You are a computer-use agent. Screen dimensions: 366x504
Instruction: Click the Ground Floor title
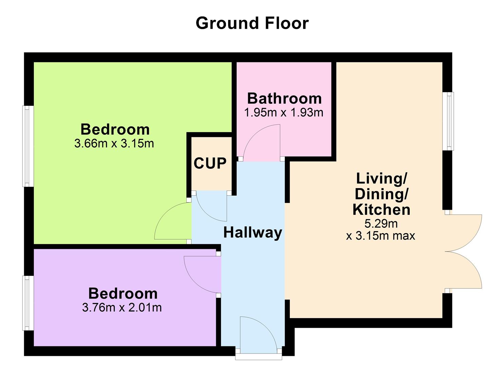pyautogui.click(x=252, y=23)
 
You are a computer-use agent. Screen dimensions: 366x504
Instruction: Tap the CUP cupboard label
pyautogui.click(x=210, y=163)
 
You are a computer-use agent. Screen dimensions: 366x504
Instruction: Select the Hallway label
pyautogui.click(x=253, y=232)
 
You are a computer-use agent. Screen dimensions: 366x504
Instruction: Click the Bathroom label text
pyautogui.click(x=284, y=98)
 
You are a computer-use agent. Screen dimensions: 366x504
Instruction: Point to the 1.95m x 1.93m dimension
pyautogui.click(x=283, y=112)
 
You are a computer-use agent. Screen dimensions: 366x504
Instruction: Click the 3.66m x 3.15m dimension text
pyautogui.click(x=114, y=143)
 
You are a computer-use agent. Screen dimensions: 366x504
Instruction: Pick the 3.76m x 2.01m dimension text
pyautogui.click(x=122, y=307)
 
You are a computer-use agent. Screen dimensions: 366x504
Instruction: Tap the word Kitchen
pyautogui.click(x=381, y=209)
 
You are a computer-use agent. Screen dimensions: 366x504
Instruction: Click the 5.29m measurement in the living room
pyautogui.click(x=381, y=224)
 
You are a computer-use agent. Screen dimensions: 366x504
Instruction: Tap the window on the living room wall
pyautogui.click(x=449, y=121)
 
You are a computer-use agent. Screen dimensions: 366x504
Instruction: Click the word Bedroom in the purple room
pyautogui.click(x=123, y=293)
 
